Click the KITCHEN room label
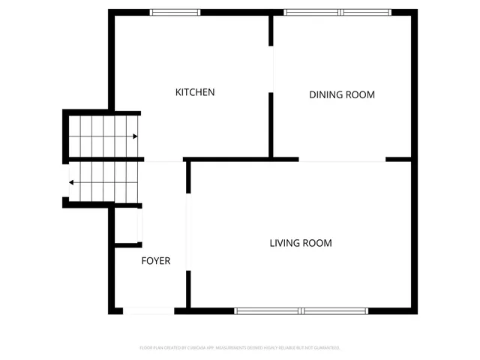(195, 92)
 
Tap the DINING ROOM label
(342, 94)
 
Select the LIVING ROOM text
(301, 243)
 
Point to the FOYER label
(156, 261)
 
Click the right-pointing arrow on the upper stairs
(134, 136)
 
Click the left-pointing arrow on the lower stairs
(71, 182)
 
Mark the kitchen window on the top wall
(175, 12)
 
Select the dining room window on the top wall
(337, 12)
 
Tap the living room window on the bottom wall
(301, 310)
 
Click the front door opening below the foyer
(148, 310)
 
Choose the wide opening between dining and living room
(342, 159)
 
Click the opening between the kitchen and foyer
(163, 159)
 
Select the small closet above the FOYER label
(127, 225)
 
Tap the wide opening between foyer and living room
(188, 232)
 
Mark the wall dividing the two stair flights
(105, 159)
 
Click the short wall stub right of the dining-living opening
(398, 159)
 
